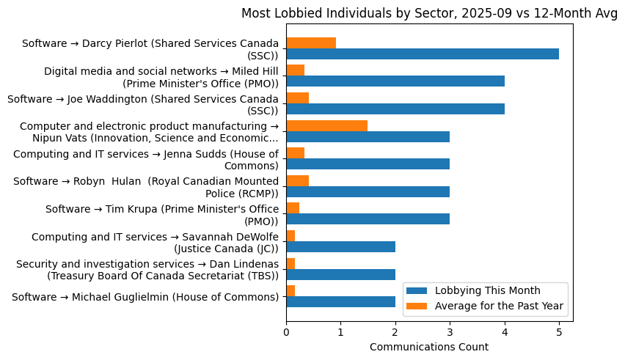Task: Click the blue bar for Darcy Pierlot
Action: (423, 54)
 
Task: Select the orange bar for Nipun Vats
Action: (326, 125)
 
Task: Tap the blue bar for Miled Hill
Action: (395, 81)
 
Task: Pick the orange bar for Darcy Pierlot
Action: (311, 43)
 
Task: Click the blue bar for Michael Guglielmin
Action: (340, 302)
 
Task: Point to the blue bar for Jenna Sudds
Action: (368, 164)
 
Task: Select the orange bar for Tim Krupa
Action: (293, 208)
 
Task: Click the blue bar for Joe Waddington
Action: (395, 109)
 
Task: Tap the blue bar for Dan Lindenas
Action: (340, 274)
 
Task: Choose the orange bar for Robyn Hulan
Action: (297, 180)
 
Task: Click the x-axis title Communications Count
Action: (429, 347)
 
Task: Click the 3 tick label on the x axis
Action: (450, 332)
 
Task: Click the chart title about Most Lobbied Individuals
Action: (429, 12)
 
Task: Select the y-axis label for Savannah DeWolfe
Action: (155, 242)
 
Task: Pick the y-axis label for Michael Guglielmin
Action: (145, 297)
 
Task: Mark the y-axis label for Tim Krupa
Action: (162, 214)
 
